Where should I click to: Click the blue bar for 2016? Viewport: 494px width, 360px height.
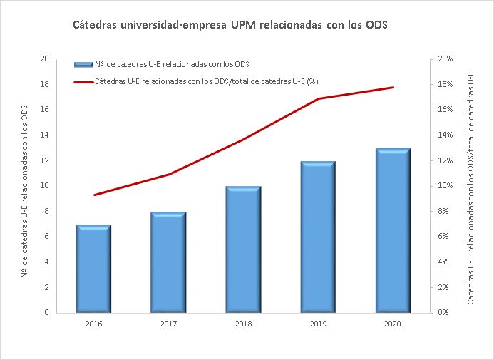tap(93, 269)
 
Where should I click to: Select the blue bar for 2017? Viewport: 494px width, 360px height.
tap(168, 262)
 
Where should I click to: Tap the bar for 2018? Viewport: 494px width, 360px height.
tap(243, 250)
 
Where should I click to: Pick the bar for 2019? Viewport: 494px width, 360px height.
tap(318, 237)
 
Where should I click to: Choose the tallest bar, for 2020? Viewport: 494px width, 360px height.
tap(393, 230)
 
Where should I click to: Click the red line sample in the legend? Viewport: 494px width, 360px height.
tap(83, 81)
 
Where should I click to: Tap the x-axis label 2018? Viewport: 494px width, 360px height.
tap(243, 324)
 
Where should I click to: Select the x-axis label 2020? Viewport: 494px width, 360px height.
tap(393, 324)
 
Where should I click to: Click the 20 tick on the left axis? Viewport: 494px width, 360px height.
tap(45, 59)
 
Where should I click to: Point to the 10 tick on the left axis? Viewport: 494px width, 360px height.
tap(45, 186)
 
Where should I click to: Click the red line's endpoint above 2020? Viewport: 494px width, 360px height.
tap(393, 88)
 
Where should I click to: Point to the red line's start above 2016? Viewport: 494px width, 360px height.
tap(93, 195)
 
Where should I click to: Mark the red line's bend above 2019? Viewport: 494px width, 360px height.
tap(318, 98)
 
